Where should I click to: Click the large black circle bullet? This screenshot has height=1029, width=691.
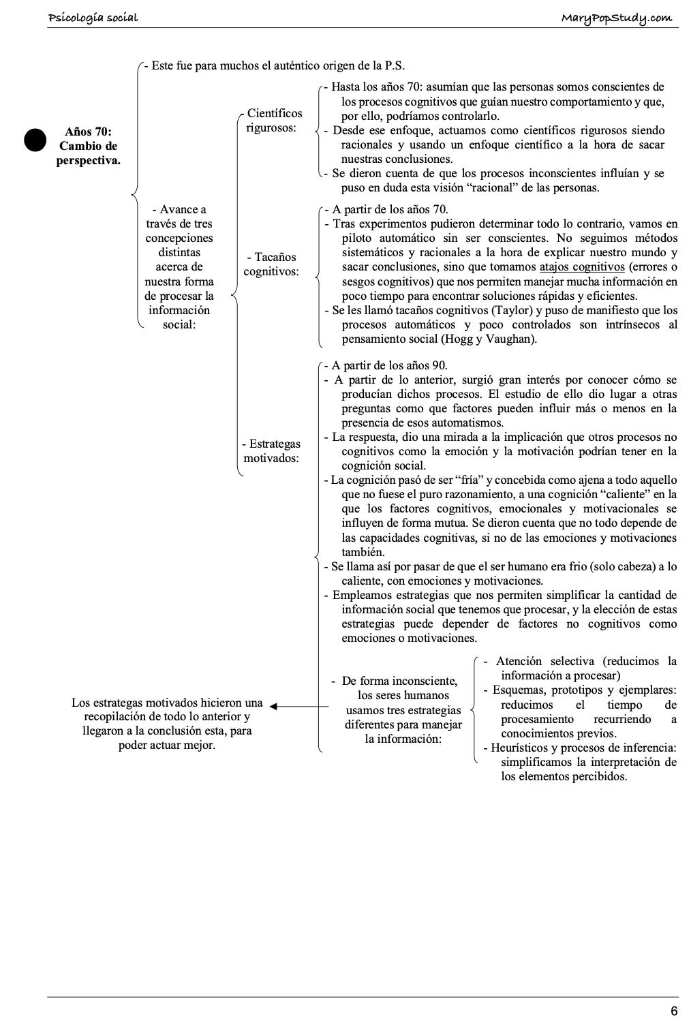(35, 139)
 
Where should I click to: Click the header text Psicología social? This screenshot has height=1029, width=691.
(93, 17)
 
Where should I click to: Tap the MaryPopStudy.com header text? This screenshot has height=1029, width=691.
(616, 18)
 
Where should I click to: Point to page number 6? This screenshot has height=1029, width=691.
(673, 1011)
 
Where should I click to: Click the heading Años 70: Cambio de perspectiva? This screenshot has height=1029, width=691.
(89, 146)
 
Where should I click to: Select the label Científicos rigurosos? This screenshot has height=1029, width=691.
(274, 121)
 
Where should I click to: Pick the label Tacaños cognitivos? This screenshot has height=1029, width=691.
(271, 264)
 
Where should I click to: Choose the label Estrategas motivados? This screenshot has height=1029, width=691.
(271, 451)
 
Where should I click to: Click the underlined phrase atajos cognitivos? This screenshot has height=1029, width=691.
(581, 267)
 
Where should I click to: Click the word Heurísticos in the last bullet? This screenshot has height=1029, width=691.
(519, 748)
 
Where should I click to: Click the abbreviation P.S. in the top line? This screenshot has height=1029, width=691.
(395, 66)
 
